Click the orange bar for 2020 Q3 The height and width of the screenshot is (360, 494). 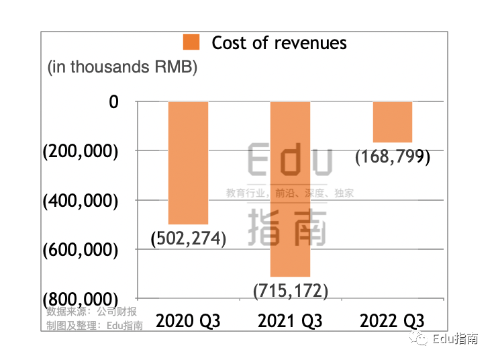point(188,163)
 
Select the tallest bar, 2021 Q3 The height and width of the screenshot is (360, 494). point(290,189)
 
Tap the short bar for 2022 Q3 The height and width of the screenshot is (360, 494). point(393,122)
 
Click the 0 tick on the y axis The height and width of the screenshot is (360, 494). point(113,102)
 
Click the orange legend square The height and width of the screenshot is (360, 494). point(191,43)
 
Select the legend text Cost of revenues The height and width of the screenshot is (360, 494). point(279,43)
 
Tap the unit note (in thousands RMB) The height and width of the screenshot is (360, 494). point(121,67)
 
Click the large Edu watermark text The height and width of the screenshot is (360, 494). point(290,161)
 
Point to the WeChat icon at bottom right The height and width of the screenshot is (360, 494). point(421,339)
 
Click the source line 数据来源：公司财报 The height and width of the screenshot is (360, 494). point(91,312)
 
